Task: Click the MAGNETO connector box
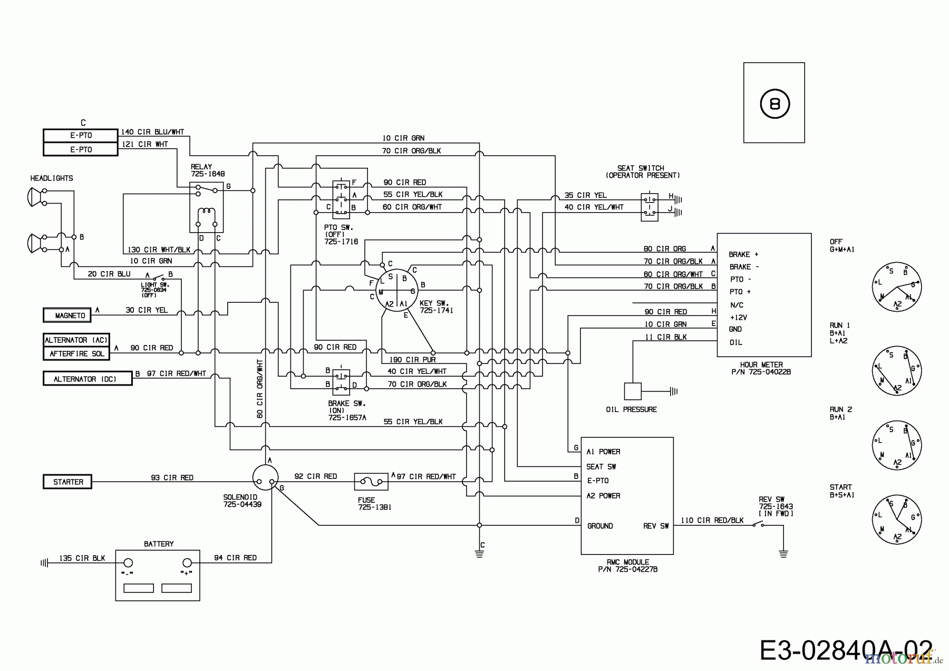click(67, 315)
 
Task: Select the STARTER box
click(67, 482)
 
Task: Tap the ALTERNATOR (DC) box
click(88, 379)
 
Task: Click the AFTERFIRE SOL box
click(76, 353)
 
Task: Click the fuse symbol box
click(370, 482)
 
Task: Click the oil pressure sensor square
click(633, 391)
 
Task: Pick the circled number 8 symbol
click(774, 104)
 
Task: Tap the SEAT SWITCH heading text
click(643, 171)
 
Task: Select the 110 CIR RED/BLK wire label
click(712, 520)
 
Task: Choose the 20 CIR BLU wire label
click(109, 274)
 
